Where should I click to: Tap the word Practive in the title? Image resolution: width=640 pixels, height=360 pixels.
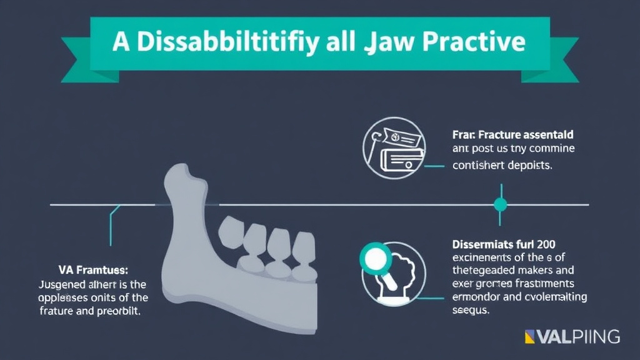click(x=472, y=42)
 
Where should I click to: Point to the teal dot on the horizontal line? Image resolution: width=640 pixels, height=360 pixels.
click(x=500, y=204)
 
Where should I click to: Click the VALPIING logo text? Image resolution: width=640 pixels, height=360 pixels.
click(x=579, y=337)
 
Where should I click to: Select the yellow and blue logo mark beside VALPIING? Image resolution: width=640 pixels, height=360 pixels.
click(x=532, y=337)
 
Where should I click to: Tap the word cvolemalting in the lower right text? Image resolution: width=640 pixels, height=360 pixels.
click(x=556, y=297)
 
